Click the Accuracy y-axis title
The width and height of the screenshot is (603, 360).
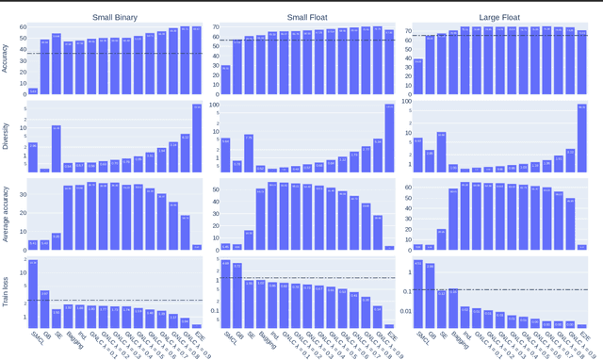[x=7, y=59]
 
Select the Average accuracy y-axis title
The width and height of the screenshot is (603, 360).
[x=7, y=215]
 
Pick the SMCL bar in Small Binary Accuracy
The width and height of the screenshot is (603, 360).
[x=33, y=91]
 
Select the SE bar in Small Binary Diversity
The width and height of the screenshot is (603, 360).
[x=57, y=149]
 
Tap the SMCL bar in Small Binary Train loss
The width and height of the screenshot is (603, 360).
[x=33, y=293]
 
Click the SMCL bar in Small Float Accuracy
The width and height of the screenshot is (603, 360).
[x=225, y=80]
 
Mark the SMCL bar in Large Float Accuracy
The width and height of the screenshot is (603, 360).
[x=417, y=76]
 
